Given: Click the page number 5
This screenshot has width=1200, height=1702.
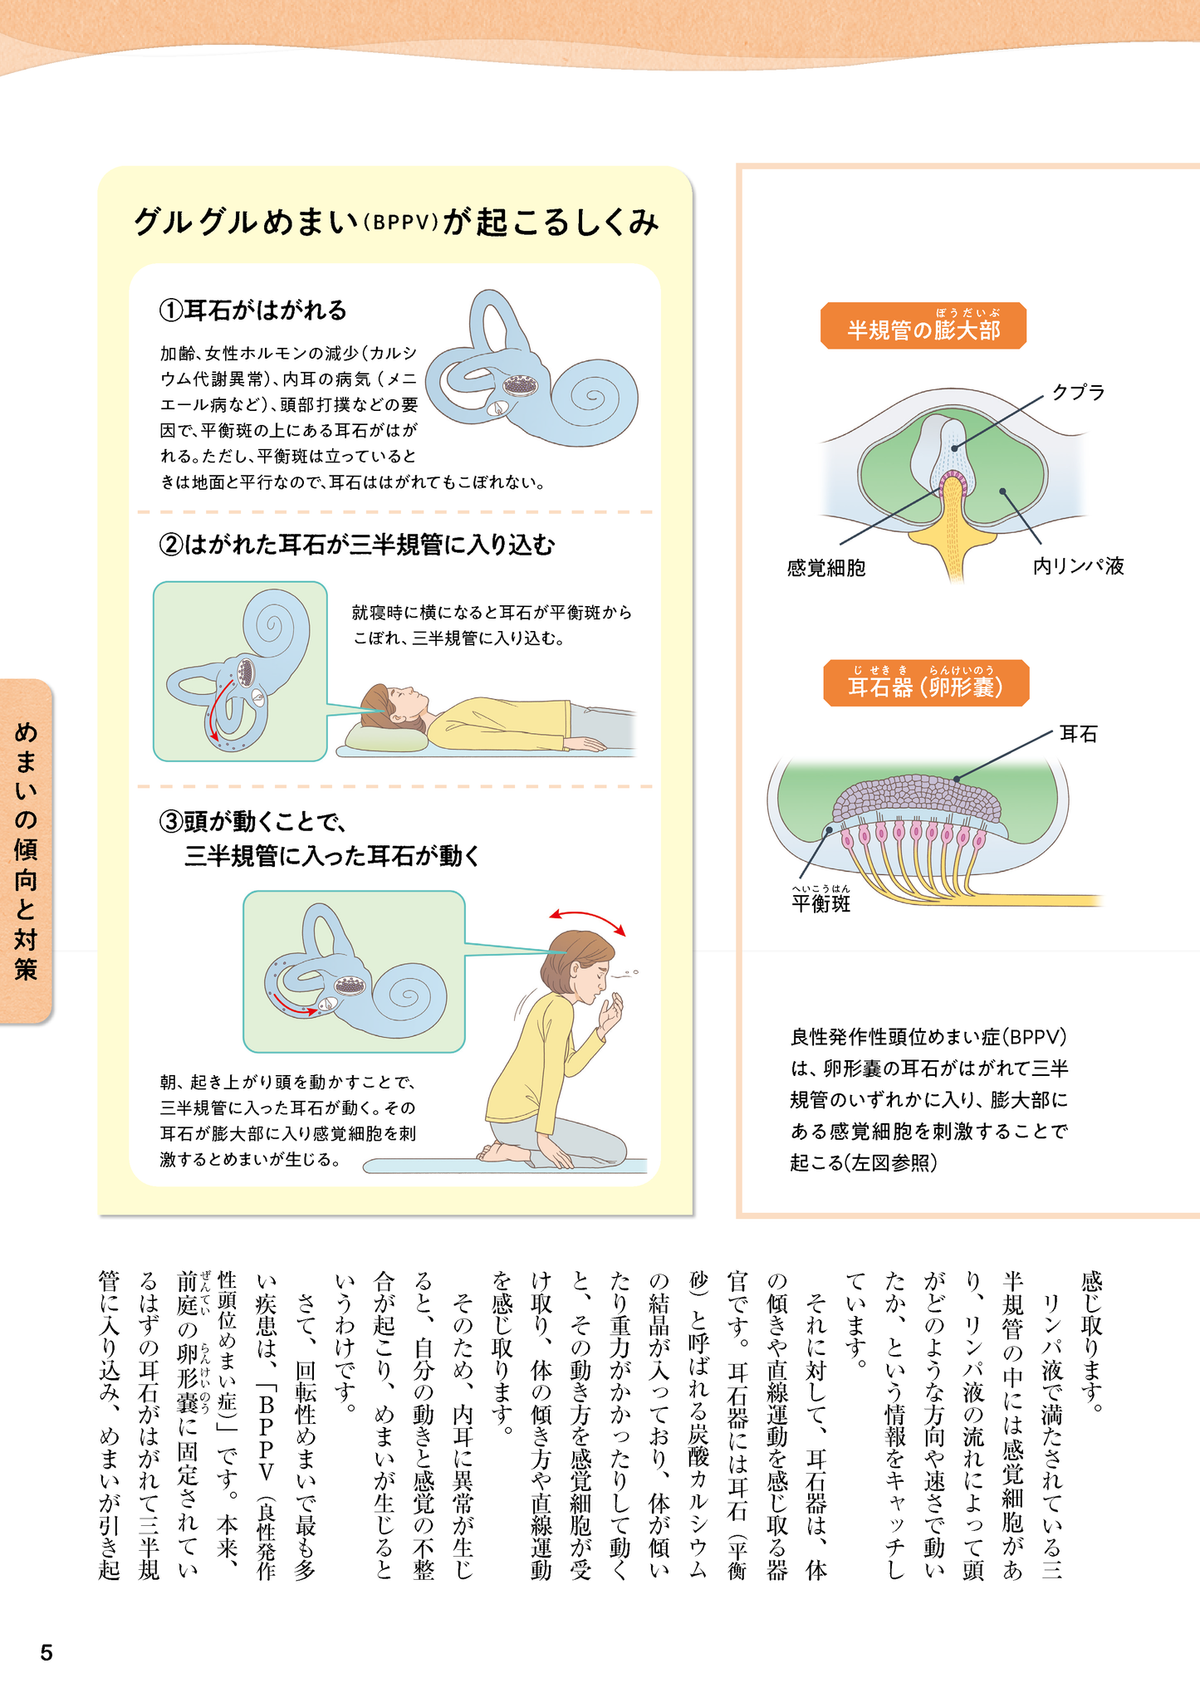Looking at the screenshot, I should [x=47, y=1652].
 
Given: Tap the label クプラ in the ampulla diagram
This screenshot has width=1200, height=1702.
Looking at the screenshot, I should [x=1078, y=392].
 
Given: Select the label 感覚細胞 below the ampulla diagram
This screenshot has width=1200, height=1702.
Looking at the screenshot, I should [x=825, y=568].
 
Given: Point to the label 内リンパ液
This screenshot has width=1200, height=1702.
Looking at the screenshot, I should [x=1078, y=566].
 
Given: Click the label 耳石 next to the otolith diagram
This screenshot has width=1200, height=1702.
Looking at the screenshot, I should [x=1078, y=734].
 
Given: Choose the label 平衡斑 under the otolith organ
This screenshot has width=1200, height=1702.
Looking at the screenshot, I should [x=820, y=903].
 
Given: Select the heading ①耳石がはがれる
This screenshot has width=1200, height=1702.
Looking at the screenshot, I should [x=252, y=311].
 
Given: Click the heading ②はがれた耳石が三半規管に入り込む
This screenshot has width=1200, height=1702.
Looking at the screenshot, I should [x=356, y=545].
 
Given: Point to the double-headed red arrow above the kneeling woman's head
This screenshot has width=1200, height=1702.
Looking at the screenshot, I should [x=587, y=920].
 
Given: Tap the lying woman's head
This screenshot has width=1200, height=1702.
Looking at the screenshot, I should [x=391, y=702].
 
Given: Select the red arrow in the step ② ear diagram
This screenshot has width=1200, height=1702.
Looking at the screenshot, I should [x=218, y=710].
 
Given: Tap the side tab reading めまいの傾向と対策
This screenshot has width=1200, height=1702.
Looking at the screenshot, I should [x=26, y=850].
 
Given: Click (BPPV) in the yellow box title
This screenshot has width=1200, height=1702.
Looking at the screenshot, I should [x=400, y=223].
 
